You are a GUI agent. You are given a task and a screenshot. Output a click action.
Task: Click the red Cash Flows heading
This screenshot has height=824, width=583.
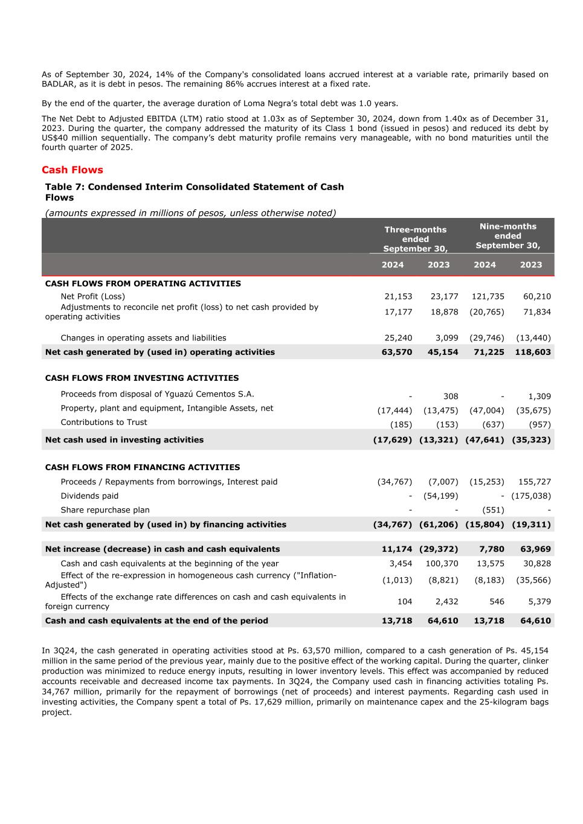click(72, 170)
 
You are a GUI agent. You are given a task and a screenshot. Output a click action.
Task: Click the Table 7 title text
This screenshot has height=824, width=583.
click(194, 192)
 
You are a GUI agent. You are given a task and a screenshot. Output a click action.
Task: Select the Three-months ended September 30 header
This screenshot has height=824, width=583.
click(416, 239)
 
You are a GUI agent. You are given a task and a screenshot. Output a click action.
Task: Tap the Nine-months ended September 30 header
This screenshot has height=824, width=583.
click(507, 235)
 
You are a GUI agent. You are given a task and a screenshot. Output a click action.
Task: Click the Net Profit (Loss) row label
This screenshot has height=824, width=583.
click(92, 296)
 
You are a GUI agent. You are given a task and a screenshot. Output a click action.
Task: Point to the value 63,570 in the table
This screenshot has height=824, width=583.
click(397, 352)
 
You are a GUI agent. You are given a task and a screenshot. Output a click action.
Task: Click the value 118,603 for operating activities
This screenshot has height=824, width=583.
click(533, 352)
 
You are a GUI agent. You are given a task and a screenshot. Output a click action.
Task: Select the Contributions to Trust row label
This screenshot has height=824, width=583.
click(103, 423)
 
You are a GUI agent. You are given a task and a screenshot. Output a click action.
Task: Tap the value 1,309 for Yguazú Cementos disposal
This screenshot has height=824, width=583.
click(539, 397)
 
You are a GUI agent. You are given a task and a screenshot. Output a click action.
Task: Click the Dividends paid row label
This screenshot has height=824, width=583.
click(89, 496)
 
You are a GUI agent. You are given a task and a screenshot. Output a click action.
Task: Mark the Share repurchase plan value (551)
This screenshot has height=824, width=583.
click(493, 510)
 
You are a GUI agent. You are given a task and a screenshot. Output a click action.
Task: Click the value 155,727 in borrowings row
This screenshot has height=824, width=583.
click(534, 482)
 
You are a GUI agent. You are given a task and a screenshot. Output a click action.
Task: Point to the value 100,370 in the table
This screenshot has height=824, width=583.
click(442, 564)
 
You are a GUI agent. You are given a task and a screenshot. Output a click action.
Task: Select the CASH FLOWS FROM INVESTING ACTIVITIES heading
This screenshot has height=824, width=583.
click(142, 378)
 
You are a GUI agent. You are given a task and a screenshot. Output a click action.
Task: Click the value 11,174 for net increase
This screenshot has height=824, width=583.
click(397, 549)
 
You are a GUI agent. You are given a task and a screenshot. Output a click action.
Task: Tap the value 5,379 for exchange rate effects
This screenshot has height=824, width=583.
click(539, 602)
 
